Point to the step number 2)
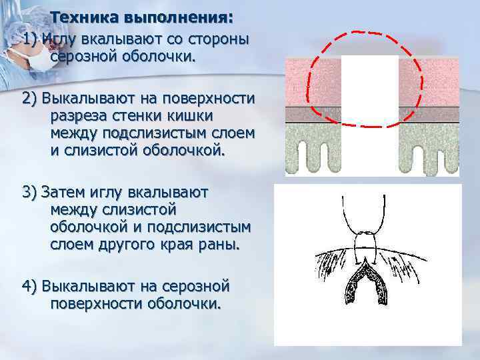pyautogui.click(x=29, y=99)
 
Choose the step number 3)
pyautogui.click(x=29, y=192)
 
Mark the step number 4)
pyautogui.click(x=29, y=286)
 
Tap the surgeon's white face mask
pyautogui.click(x=37, y=60)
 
